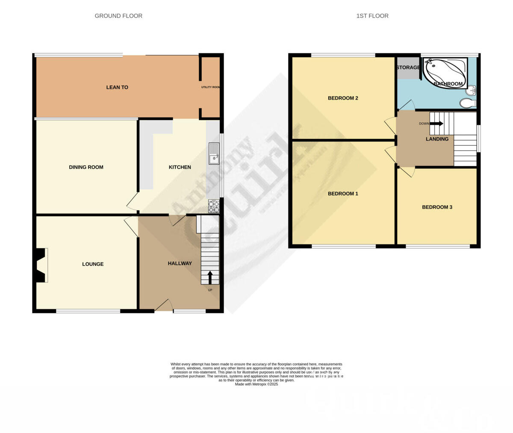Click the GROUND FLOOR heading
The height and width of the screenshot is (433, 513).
pos(118,16)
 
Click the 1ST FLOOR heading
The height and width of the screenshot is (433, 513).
pos(372,16)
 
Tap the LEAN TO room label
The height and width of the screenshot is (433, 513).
pos(117,87)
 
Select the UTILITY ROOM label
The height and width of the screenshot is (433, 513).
pos(210,87)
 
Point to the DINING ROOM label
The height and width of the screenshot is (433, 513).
pos(86,167)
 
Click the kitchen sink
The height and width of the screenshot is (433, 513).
pos(214,154)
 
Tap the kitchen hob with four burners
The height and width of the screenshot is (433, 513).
pos(214,206)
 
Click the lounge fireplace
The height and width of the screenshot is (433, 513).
pos(41,265)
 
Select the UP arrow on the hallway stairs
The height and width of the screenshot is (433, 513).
pos(210,277)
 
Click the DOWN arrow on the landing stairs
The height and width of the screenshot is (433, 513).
pos(436,124)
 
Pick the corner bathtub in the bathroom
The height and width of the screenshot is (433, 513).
pos(445,73)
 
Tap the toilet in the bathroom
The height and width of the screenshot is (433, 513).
pos(468,103)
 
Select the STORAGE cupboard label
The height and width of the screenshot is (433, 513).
pos(408,68)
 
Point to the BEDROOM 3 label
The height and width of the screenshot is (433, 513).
pos(437,207)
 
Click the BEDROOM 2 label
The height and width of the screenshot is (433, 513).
pos(343,98)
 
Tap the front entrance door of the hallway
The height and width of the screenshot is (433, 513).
pos(164,305)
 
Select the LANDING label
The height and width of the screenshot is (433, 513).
pos(437,139)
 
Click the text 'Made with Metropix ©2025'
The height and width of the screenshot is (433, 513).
pos(256,384)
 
